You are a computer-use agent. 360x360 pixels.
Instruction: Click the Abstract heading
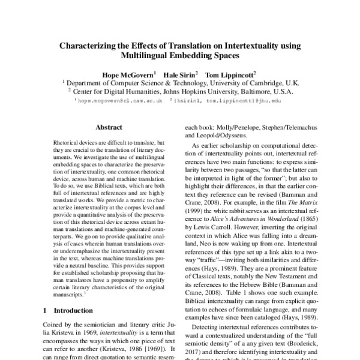coord(109,128)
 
